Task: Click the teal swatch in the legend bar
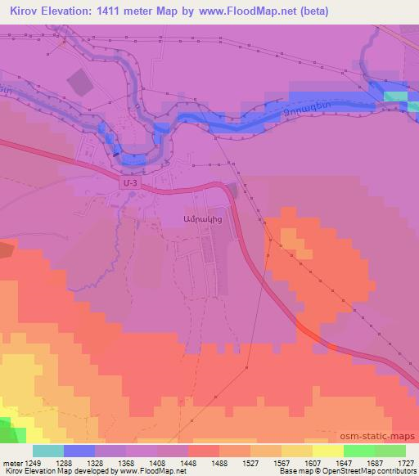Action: pos(48,451)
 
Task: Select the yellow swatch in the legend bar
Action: pos(327,451)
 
